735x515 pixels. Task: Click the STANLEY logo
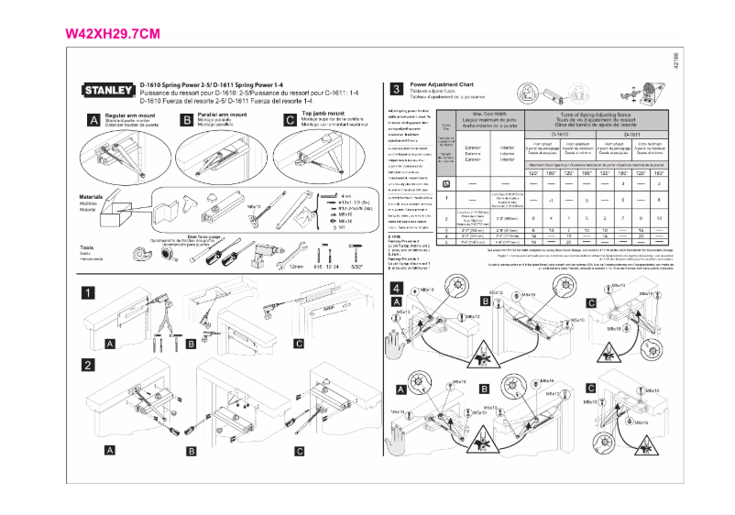point(109,91)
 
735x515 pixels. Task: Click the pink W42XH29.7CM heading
point(114,34)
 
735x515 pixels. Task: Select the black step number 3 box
point(395,89)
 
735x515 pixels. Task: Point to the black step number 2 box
point(87,365)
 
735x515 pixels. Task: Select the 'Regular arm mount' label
point(128,115)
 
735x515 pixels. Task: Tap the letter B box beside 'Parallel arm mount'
point(188,120)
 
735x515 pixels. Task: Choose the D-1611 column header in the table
point(631,134)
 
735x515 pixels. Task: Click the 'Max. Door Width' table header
point(484,113)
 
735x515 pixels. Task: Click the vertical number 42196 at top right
point(675,72)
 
